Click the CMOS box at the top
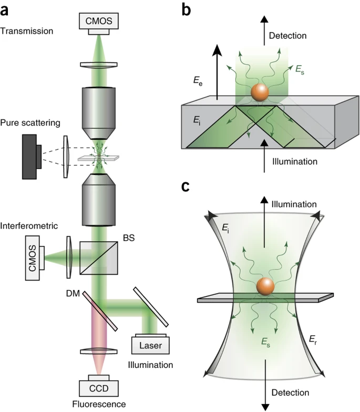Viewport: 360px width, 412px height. (x=98, y=20)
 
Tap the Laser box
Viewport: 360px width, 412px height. (x=151, y=345)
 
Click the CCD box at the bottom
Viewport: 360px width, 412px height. (x=98, y=388)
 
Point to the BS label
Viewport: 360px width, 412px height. (x=128, y=238)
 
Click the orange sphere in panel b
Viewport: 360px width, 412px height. (x=260, y=92)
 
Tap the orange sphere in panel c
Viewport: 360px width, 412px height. (x=265, y=287)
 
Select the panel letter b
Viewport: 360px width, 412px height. (x=187, y=9)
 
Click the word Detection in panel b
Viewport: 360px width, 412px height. (x=288, y=36)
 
